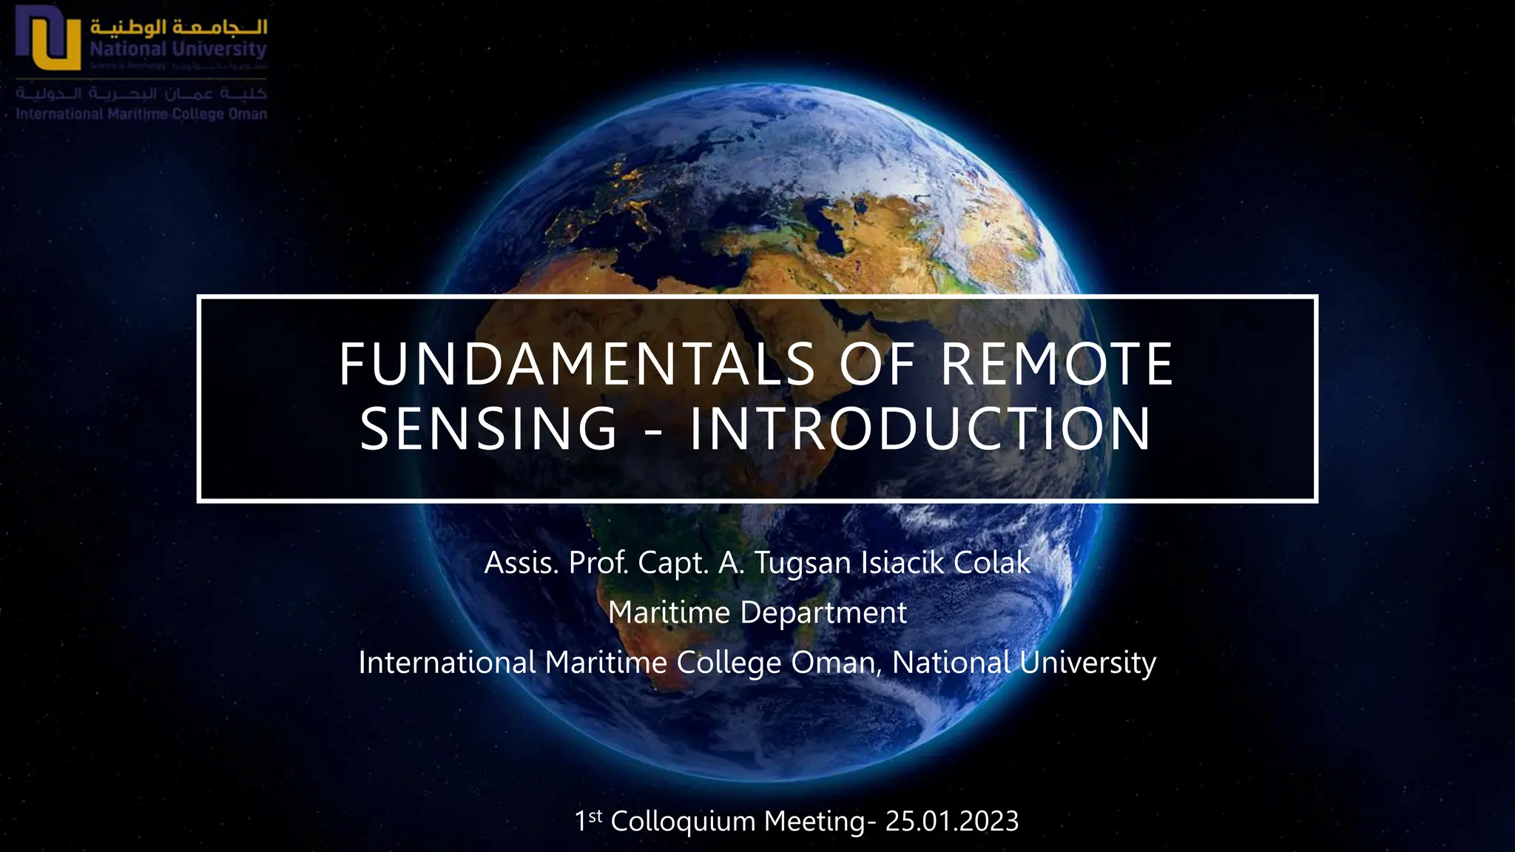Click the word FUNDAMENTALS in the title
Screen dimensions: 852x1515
pyautogui.click(x=577, y=365)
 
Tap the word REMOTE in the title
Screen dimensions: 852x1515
pyautogui.click(x=1056, y=365)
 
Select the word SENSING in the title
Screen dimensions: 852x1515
pyautogui.click(x=488, y=429)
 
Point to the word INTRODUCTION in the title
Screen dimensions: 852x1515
pyautogui.click(x=920, y=429)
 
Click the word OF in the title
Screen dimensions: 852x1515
pyautogui.click(x=877, y=365)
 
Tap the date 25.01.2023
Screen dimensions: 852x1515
pyautogui.click(x=952, y=821)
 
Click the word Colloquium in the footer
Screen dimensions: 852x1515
pyautogui.click(x=683, y=821)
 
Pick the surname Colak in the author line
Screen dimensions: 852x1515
pyautogui.click(x=992, y=563)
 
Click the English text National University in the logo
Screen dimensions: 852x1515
pyautogui.click(x=178, y=50)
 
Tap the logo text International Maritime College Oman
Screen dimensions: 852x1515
pyautogui.click(x=141, y=115)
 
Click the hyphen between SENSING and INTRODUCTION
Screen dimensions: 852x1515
pyautogui.click(x=653, y=430)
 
